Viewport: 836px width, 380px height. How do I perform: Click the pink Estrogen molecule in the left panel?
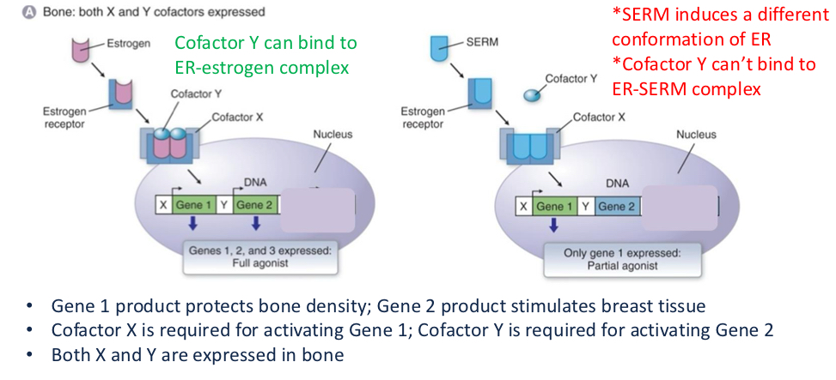click(x=82, y=49)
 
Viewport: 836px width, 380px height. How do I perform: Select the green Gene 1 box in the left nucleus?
click(x=192, y=206)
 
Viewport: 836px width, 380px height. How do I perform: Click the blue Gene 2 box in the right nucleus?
click(x=617, y=206)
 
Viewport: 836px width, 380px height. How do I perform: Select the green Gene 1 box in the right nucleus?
click(x=554, y=206)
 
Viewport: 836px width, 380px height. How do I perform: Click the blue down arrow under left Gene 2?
click(x=255, y=225)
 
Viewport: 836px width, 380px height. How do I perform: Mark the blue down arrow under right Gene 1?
click(x=554, y=225)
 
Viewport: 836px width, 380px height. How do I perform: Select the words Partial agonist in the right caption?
click(x=610, y=265)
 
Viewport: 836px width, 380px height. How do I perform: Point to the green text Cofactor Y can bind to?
click(x=265, y=42)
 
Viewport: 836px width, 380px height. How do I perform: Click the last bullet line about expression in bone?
click(x=198, y=354)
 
